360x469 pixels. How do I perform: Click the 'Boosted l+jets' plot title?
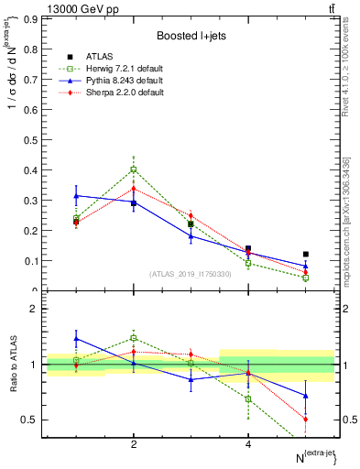[191, 36]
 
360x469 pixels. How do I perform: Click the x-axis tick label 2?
[134, 443]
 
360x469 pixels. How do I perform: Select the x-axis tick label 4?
[248, 443]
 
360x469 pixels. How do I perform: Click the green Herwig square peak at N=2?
[134, 169]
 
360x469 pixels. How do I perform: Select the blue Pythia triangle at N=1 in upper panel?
[76, 196]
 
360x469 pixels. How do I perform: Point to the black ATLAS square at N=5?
[306, 254]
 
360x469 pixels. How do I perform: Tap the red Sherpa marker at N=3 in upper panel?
[191, 216]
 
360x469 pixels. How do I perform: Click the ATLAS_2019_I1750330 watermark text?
[191, 274]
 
